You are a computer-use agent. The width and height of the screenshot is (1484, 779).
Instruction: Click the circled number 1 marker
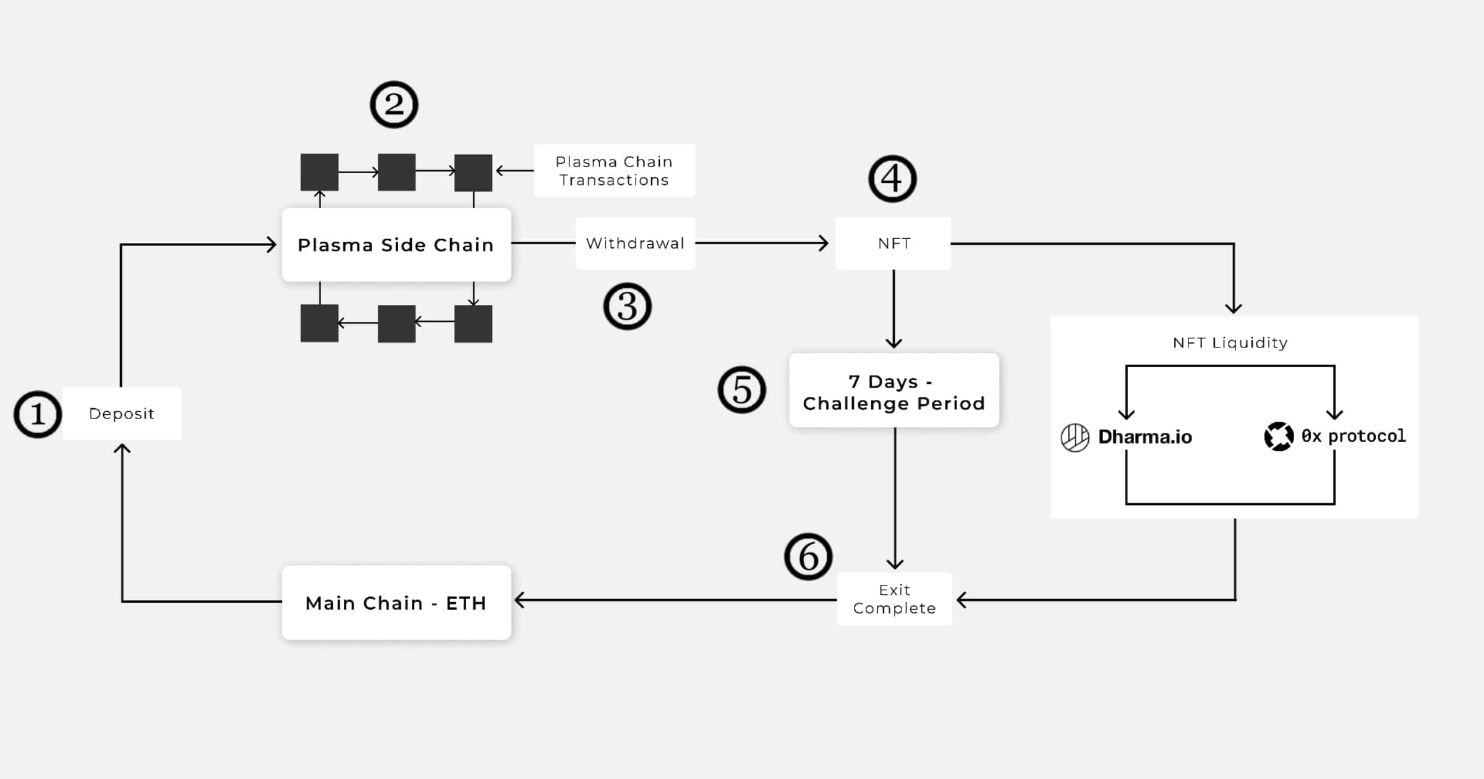tap(38, 414)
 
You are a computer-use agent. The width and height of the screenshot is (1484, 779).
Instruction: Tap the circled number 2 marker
tap(394, 104)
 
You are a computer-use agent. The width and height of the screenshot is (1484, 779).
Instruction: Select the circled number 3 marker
tap(627, 307)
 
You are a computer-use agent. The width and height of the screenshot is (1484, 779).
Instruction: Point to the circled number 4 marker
tap(892, 179)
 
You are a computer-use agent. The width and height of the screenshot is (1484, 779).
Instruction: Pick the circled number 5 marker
tap(741, 390)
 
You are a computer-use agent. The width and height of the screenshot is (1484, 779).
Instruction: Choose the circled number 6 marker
tap(808, 556)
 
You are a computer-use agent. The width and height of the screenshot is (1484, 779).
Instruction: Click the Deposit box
tap(122, 414)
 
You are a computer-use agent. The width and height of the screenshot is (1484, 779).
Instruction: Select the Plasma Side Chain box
tap(396, 245)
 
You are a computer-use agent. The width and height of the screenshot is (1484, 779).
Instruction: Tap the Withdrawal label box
tap(635, 243)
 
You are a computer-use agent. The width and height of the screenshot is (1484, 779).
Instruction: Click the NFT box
tap(893, 243)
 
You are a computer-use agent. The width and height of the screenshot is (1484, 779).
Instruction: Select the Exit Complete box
tap(894, 599)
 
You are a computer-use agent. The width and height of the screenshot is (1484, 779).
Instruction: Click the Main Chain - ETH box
tap(396, 603)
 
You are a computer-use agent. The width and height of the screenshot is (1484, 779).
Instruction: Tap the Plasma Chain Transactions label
tap(614, 171)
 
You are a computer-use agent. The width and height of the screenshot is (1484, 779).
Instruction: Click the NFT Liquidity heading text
tap(1230, 343)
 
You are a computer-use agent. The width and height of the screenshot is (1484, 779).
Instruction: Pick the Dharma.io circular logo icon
tap(1075, 438)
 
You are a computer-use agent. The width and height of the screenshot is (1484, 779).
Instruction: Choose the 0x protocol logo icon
tap(1279, 436)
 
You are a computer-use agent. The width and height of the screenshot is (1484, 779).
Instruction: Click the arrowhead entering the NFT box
tap(824, 243)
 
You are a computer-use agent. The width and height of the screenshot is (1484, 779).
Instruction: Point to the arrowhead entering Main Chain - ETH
tap(520, 600)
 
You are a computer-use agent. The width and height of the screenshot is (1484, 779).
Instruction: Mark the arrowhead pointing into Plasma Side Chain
tap(272, 245)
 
